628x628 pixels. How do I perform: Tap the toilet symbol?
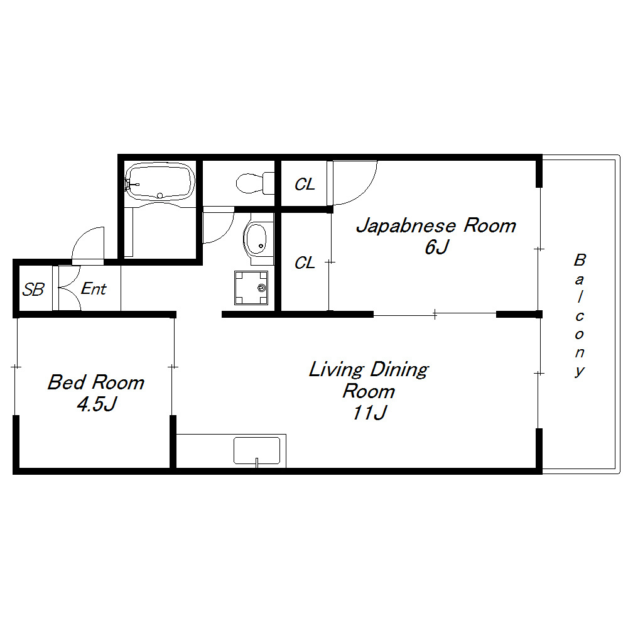click(x=255, y=183)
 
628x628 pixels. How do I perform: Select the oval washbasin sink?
click(x=255, y=239)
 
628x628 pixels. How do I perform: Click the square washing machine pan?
click(x=251, y=288)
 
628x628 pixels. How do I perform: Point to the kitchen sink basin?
click(x=257, y=451)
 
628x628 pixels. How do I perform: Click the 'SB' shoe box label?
click(x=33, y=290)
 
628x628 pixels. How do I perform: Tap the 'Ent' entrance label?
click(x=94, y=289)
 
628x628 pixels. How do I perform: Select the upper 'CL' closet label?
click(x=305, y=184)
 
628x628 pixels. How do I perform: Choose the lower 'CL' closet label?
click(x=305, y=263)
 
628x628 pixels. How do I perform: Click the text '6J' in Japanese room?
click(x=436, y=247)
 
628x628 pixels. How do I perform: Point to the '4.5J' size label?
click(x=97, y=404)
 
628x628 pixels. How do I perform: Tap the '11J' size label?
click(x=369, y=413)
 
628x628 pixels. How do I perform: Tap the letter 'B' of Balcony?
click(x=580, y=260)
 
